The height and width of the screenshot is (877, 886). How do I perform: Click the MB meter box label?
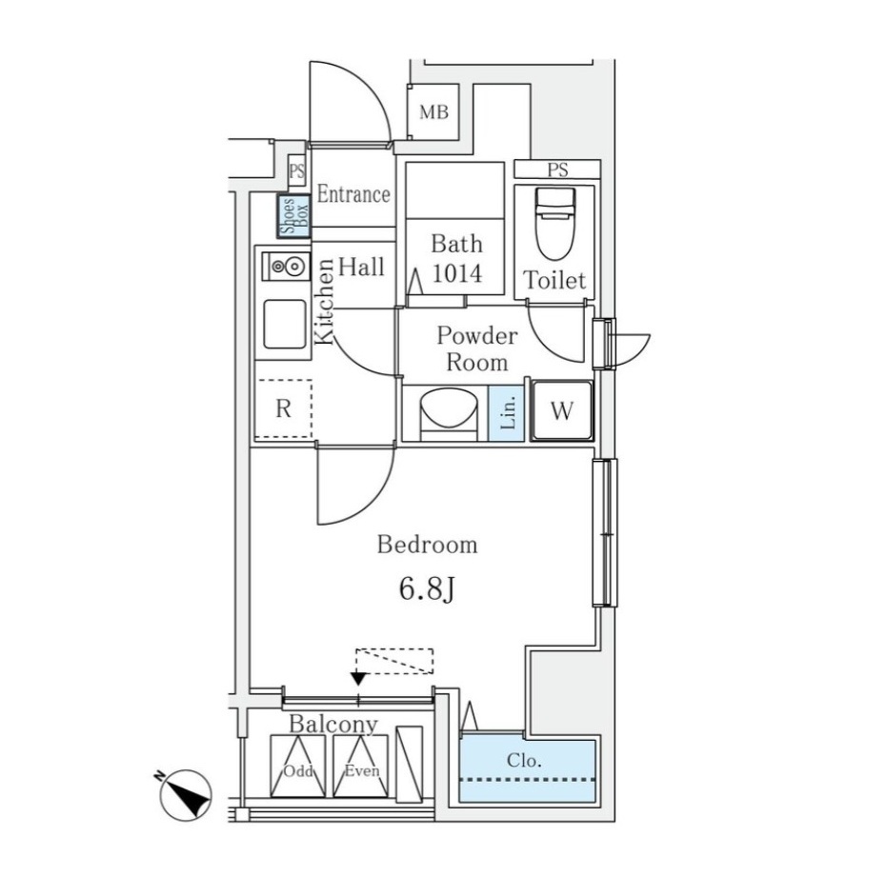(x=433, y=112)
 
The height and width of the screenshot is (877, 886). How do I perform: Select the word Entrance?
(x=353, y=194)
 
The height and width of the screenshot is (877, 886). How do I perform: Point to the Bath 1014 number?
(x=457, y=273)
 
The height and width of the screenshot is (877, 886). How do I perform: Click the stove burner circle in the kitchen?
(x=292, y=266)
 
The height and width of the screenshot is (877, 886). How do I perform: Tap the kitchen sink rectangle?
(x=285, y=324)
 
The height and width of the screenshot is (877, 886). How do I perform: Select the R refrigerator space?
(x=283, y=409)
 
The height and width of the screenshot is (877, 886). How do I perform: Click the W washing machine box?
(x=561, y=410)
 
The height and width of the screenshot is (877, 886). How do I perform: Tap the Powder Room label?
(x=477, y=349)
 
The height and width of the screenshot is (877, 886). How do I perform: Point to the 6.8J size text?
(x=427, y=589)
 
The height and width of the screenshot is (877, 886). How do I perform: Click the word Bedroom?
(x=427, y=545)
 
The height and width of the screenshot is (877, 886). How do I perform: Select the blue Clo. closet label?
(x=524, y=760)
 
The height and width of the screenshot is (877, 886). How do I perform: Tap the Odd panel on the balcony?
(x=298, y=766)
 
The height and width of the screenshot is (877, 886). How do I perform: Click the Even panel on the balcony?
(x=360, y=766)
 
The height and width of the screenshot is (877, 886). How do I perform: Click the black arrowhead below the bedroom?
(x=358, y=678)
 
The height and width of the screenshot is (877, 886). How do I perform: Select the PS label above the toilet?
(x=557, y=169)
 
